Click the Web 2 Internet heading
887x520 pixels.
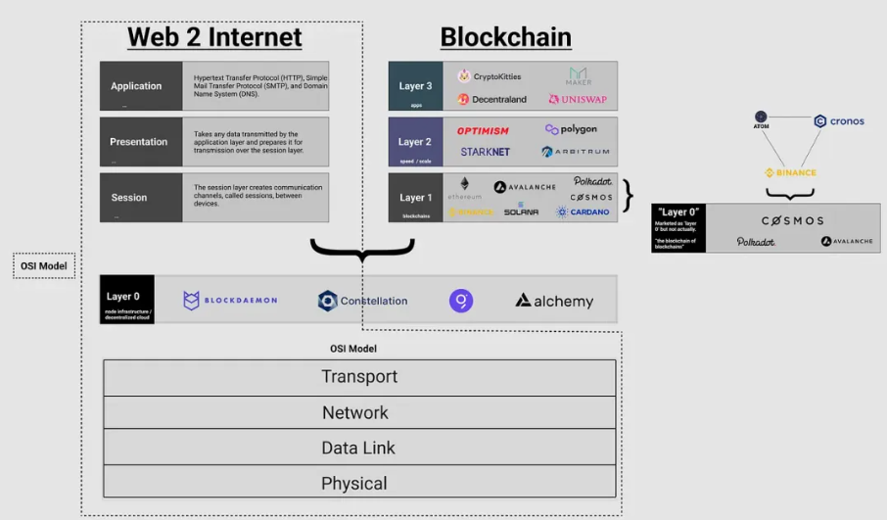point(214,37)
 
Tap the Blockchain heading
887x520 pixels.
point(505,37)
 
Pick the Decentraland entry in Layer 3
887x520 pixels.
point(491,99)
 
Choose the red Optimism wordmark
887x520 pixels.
point(483,130)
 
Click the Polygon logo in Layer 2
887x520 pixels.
point(571,129)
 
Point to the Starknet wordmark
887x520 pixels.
point(486,152)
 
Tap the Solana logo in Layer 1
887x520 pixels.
point(521,211)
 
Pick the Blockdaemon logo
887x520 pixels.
point(230,301)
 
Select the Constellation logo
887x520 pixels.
point(362,301)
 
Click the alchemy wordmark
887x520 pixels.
point(554,301)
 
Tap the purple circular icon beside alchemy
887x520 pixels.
point(461,301)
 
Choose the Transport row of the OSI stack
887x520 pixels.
point(359,377)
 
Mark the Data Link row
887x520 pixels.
point(359,448)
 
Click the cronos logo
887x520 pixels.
point(839,121)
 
